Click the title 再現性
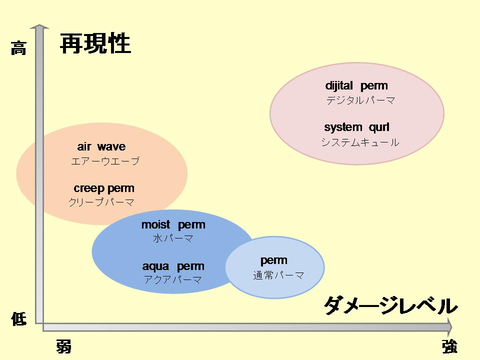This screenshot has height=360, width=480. [x=95, y=43]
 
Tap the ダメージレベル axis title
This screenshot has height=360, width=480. [x=390, y=305]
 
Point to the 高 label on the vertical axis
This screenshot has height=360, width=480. [x=18, y=48]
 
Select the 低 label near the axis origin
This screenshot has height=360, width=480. [x=18, y=319]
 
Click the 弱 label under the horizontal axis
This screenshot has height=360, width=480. [x=63, y=346]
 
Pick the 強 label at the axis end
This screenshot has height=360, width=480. [x=449, y=346]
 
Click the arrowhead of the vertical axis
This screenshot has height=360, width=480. [x=39, y=26]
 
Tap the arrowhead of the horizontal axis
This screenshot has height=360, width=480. [x=449, y=327]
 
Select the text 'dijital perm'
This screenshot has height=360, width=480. [x=356, y=85]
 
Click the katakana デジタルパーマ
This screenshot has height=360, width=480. [x=360, y=100]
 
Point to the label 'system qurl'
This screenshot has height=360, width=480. [x=356, y=127]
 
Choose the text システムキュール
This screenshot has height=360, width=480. [x=360, y=142]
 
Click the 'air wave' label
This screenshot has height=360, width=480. [x=101, y=146]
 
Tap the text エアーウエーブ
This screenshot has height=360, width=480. [x=105, y=160]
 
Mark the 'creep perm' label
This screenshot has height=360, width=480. [x=104, y=188]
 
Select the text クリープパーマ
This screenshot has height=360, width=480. [x=101, y=202]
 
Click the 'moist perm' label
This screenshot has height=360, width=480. [x=173, y=224]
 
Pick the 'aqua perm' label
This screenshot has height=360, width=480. [x=173, y=266]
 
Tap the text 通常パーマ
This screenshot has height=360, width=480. [x=278, y=275]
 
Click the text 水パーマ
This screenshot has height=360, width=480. [x=173, y=238]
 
